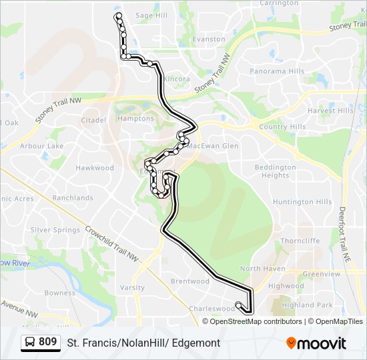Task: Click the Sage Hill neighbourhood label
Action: point(151,15)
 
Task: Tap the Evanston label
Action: point(210,39)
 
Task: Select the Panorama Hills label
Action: point(277,71)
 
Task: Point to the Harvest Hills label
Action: point(331,111)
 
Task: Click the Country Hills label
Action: point(282,127)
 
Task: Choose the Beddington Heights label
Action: point(276,171)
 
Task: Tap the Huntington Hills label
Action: point(302,202)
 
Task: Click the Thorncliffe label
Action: point(300,241)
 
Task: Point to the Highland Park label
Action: point(307,305)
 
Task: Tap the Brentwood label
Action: point(190,281)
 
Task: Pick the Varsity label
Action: point(132,288)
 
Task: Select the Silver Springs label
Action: point(55,230)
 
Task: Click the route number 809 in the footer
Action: point(47,342)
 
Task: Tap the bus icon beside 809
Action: point(30,343)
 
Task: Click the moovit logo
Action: point(316,343)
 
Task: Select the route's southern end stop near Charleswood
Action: point(239,306)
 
